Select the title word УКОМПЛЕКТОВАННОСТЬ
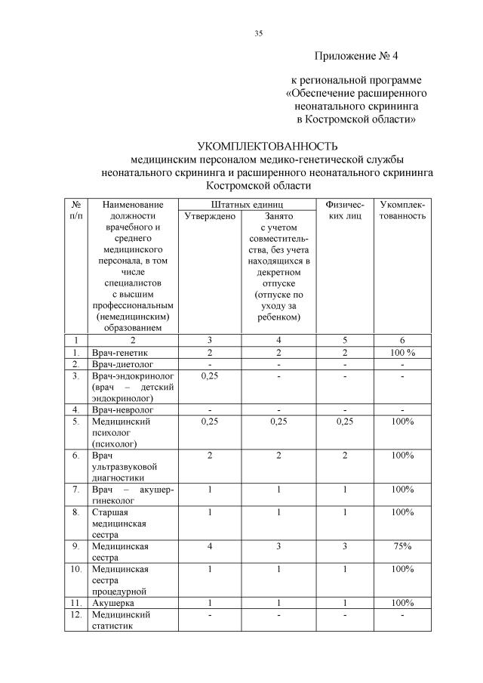point(267,146)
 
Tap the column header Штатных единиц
point(246,204)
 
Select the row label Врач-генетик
point(119,352)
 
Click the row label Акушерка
point(114,602)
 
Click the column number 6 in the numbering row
point(402,341)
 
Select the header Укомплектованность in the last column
point(402,210)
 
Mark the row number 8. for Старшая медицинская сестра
point(76,511)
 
